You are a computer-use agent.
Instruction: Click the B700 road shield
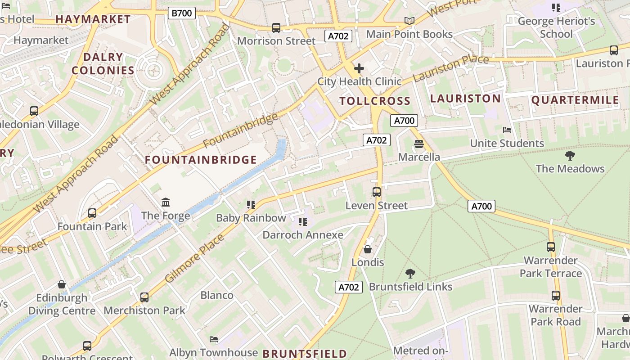pos(182,13)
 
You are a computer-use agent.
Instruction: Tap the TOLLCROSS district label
pos(375,101)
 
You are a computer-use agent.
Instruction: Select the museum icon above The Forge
pos(166,202)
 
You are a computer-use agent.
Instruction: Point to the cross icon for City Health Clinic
pos(359,68)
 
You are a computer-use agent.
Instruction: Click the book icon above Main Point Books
pos(409,21)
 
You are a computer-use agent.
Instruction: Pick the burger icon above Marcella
pos(419,144)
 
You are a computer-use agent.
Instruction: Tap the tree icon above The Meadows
pos(570,156)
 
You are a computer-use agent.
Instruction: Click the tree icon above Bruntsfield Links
pos(410,273)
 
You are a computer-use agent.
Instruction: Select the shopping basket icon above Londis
pos(368,249)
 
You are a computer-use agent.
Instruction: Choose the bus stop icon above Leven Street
pos(377,192)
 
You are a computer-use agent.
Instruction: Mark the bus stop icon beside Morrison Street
pos(276,28)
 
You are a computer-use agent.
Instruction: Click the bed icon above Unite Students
pos(507,130)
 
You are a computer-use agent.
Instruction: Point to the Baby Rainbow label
pos(251,218)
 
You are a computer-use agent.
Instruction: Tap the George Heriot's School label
pos(556,27)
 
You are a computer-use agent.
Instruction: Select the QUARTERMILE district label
pos(575,100)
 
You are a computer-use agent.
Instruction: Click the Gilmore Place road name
pos(194,259)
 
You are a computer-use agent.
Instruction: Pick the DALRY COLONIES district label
pos(103,63)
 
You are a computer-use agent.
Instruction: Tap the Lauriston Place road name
pos(450,68)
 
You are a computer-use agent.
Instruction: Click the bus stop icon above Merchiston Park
pos(144,297)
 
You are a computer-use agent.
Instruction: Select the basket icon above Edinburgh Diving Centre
pos(62,284)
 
